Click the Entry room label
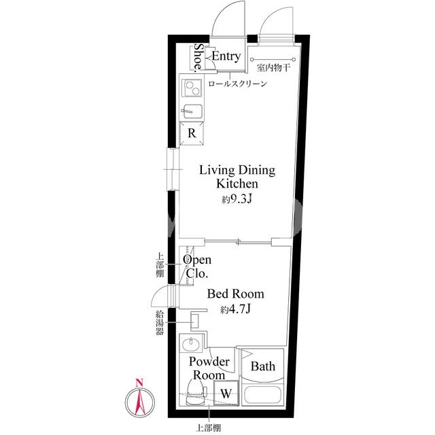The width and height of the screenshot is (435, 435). [226, 56]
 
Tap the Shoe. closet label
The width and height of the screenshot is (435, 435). [198, 57]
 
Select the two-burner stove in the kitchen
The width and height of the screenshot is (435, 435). [192, 86]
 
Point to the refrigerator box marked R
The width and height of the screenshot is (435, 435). [192, 133]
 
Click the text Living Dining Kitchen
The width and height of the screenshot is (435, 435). [237, 177]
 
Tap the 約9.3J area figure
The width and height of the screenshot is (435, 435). [237, 199]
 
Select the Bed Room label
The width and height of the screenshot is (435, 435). [236, 294]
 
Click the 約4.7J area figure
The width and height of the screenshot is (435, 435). [236, 309]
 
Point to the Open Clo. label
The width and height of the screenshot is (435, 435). [197, 266]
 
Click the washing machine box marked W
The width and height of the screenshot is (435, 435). [226, 393]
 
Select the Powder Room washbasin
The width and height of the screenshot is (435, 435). [192, 345]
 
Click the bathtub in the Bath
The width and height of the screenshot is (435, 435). [263, 394]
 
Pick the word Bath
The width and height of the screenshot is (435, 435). [263, 366]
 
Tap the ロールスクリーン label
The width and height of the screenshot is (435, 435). [237, 84]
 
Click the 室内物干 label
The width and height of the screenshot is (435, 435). [273, 67]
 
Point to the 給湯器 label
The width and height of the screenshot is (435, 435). [160, 323]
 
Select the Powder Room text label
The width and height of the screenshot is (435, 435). [209, 368]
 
